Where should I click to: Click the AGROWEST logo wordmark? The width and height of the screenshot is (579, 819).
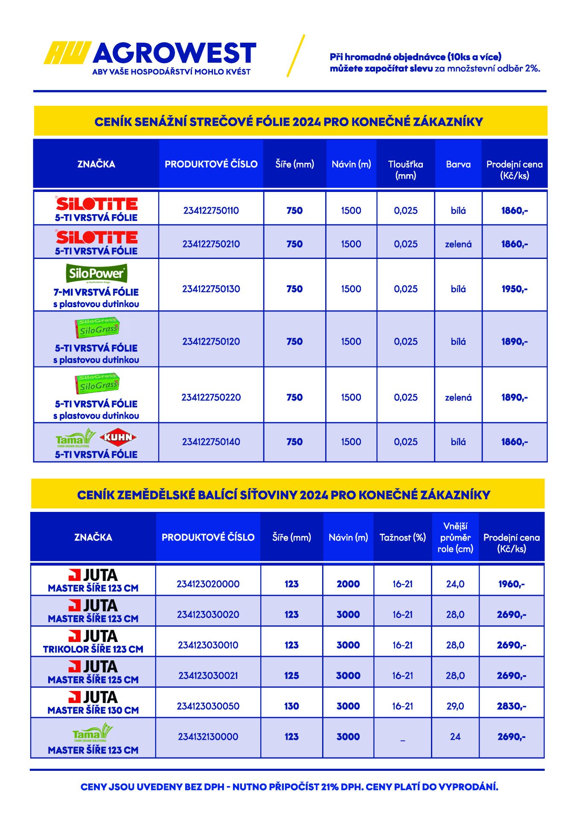[x=174, y=53]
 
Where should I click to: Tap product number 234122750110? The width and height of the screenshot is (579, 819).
[x=211, y=210]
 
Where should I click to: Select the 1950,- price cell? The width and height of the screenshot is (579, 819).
[x=514, y=289]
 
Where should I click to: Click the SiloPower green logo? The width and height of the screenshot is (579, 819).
[x=96, y=273]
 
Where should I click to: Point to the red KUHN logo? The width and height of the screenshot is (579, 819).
[x=118, y=437]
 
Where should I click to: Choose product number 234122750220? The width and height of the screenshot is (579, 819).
[x=211, y=397]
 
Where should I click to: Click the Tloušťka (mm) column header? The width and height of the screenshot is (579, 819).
[x=405, y=169]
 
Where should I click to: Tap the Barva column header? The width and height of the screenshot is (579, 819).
[x=458, y=164]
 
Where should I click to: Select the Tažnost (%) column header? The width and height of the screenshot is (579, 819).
[x=402, y=537]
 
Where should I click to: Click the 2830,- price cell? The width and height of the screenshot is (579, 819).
[x=511, y=706]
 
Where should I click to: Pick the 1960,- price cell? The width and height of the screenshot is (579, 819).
[x=511, y=584]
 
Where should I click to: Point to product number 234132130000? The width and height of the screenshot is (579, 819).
[x=208, y=737]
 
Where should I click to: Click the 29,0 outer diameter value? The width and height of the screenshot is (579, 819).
[x=455, y=706]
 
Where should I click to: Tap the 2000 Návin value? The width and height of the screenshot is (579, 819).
[x=348, y=584]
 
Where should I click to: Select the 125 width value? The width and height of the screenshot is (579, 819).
[x=291, y=676]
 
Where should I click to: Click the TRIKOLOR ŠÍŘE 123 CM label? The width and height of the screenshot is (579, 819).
[x=93, y=649]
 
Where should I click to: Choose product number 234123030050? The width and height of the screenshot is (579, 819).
[x=208, y=706]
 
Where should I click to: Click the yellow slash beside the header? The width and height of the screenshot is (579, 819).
[x=296, y=56]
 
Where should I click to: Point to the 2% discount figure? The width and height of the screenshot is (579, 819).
[x=532, y=68]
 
